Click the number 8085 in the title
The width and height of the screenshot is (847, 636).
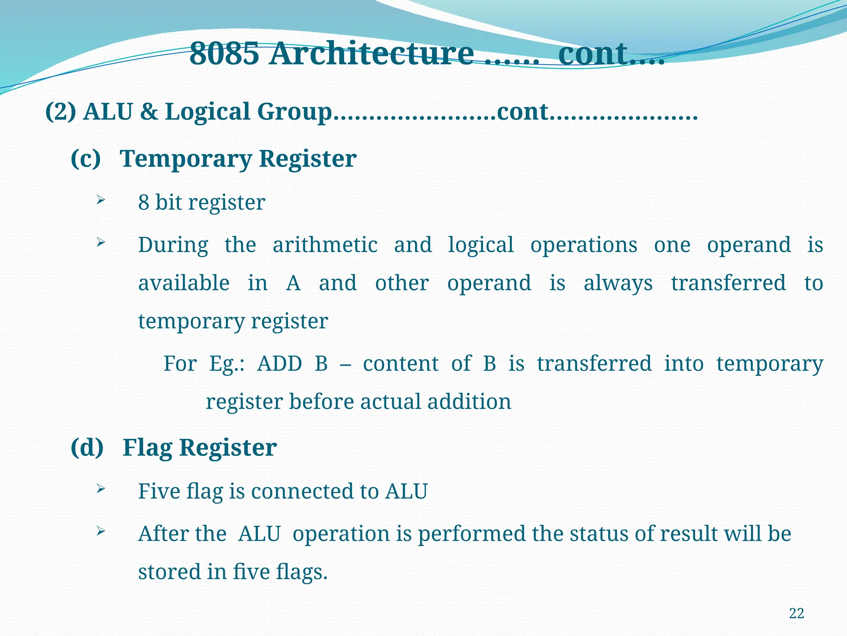point(224,54)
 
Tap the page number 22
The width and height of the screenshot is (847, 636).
point(796,613)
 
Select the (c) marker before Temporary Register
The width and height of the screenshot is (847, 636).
point(86,159)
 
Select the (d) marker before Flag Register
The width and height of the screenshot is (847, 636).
point(87,448)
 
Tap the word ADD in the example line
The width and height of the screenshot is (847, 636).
point(280,364)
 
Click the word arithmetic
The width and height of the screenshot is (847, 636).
point(325,245)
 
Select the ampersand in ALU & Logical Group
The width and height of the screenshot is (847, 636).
point(149,112)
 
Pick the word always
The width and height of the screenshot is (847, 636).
point(618,284)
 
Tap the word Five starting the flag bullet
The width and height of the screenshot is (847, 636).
point(159,491)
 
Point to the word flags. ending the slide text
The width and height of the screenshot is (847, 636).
point(301,572)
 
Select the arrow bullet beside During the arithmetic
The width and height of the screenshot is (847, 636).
point(100,243)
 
